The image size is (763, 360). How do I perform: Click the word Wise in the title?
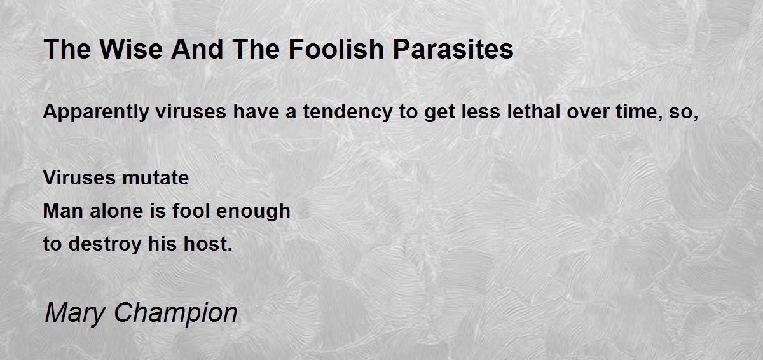[x=132, y=49]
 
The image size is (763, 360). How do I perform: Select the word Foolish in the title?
[x=336, y=49]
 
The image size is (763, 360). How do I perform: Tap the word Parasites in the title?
[x=453, y=49]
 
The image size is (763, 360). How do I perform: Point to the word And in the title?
[x=197, y=49]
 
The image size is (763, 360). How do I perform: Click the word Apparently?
[x=96, y=112]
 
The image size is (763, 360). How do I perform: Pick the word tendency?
[x=348, y=112]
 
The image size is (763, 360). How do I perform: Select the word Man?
[x=63, y=211]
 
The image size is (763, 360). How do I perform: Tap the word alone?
[x=116, y=211]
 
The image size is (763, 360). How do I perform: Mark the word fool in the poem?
[x=191, y=211]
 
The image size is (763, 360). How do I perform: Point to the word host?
[x=208, y=244]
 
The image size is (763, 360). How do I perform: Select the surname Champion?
[x=175, y=313]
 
